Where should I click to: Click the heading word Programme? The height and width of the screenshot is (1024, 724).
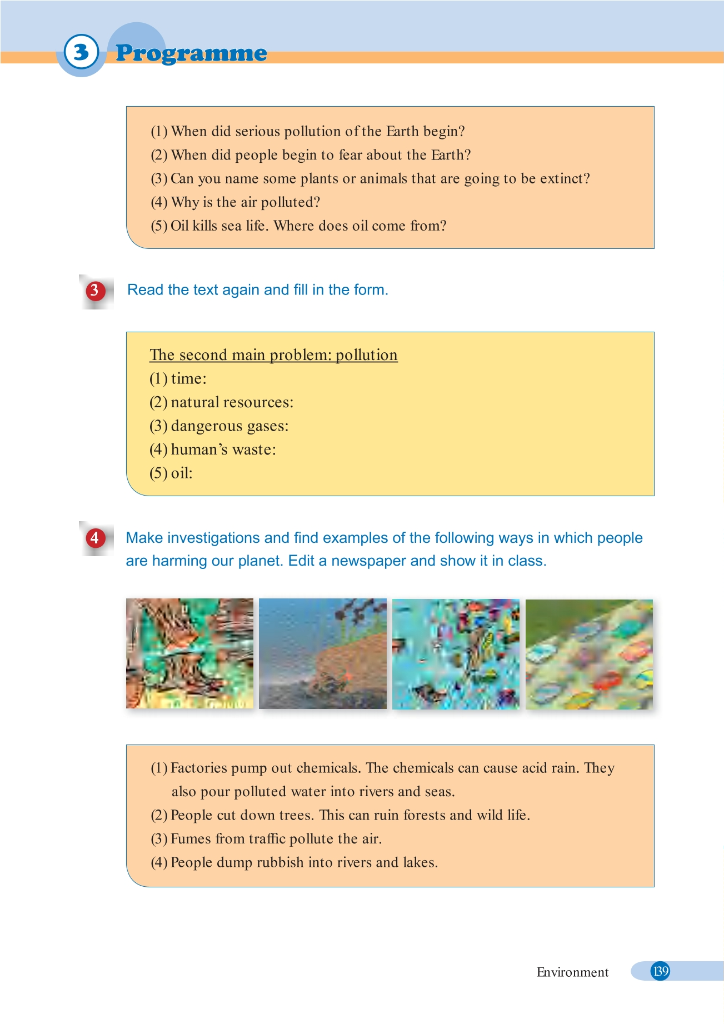pos(191,53)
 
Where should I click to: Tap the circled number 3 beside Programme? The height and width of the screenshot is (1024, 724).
pos(81,52)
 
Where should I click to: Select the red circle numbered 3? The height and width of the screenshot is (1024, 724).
pos(95,291)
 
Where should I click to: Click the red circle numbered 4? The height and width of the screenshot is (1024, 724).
pos(95,538)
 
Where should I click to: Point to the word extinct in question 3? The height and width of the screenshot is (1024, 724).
pos(562,179)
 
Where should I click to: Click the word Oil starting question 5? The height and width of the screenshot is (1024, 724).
pos(179,226)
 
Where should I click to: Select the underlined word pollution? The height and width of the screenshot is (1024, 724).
pos(367,355)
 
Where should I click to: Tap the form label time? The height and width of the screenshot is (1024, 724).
pos(188,379)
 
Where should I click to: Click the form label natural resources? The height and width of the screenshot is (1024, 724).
pos(232,402)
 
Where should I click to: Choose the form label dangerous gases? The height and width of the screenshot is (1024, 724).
pos(229,426)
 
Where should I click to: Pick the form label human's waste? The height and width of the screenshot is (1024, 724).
pos(223,449)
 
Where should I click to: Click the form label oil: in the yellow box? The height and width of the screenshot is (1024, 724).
pos(181,473)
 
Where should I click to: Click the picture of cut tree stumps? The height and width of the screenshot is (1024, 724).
pos(189,653)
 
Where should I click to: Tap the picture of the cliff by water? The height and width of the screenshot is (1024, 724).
pos(323,653)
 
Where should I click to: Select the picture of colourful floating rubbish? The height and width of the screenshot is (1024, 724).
pos(456,653)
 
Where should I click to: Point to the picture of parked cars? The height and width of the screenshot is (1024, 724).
pos(589,654)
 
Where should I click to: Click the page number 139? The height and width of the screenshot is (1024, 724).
pos(660,971)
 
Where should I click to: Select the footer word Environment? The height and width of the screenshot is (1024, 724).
pos(572,972)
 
